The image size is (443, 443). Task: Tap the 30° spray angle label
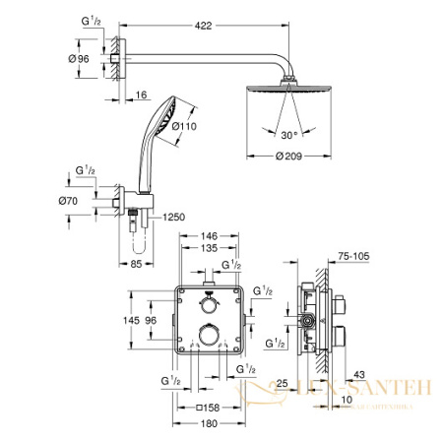pos(286,134)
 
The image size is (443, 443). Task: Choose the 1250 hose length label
pos(175,216)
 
